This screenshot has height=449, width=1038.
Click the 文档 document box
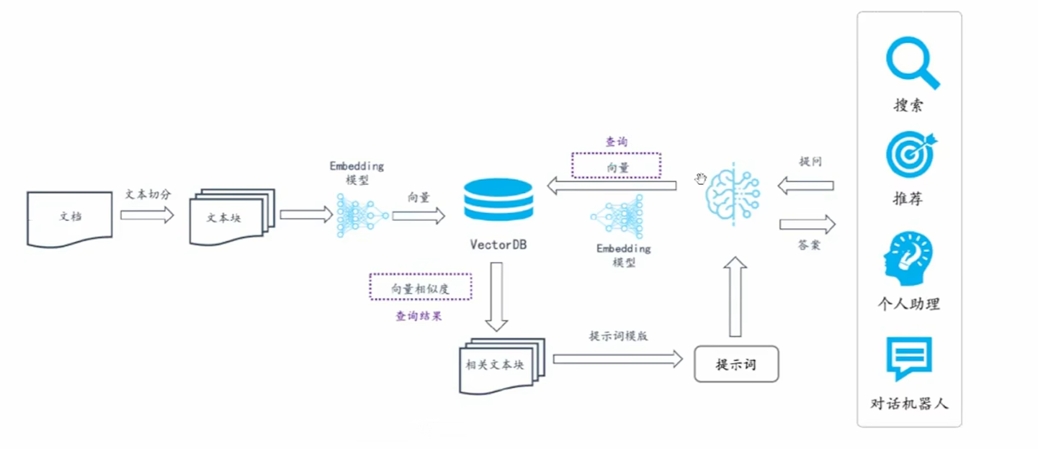click(70, 218)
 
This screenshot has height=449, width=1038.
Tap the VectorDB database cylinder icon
click(498, 199)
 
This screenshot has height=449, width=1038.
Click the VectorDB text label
click(498, 244)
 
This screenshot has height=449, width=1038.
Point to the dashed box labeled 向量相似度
click(421, 287)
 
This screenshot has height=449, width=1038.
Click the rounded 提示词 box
click(736, 364)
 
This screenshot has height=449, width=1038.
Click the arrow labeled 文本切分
click(147, 214)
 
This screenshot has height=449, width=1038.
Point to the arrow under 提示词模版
click(617, 358)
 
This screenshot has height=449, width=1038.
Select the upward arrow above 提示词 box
click(735, 296)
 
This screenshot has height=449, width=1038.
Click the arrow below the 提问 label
click(805, 186)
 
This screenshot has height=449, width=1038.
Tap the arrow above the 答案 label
click(807, 224)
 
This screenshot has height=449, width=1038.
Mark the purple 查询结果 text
click(419, 316)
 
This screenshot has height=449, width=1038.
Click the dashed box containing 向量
click(616, 165)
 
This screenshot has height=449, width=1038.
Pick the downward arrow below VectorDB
click(497, 296)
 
